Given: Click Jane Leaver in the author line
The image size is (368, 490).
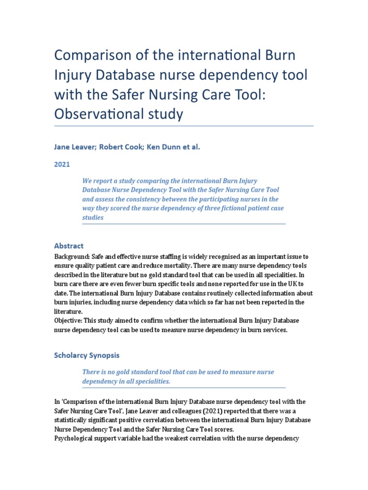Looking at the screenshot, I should coord(75,147).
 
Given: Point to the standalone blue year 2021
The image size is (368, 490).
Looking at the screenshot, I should coord(62,164).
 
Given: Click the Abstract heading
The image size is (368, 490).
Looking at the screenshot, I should coord(69,245).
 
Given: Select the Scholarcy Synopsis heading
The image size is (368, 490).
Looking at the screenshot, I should coord(86,355).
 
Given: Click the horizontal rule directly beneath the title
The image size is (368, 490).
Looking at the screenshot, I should coord(184,126).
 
